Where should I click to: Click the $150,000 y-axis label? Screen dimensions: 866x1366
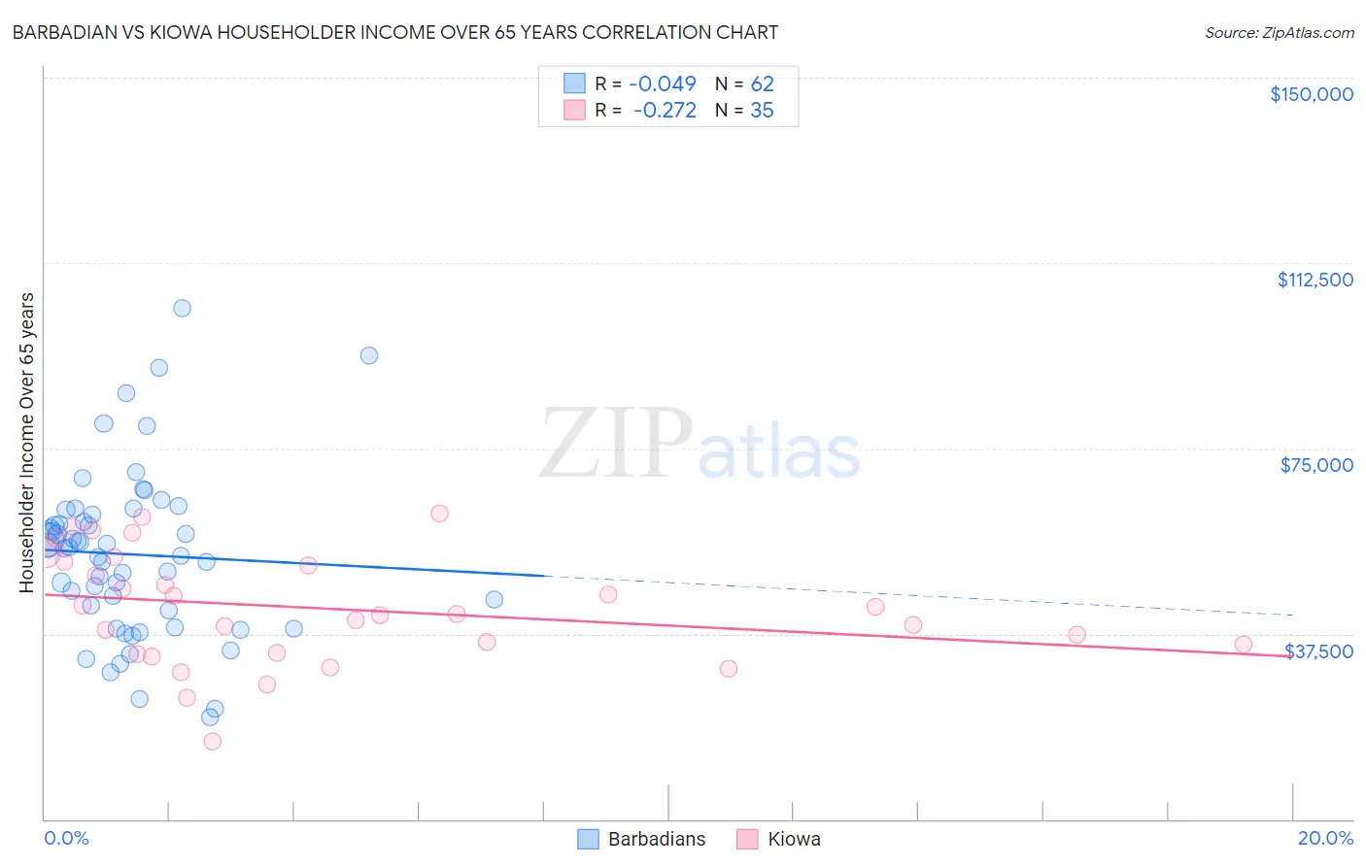[1311, 94]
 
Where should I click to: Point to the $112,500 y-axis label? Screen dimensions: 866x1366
[1315, 280]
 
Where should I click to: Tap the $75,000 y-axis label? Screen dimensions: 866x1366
[1316, 465]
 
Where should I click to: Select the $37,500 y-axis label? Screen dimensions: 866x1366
[1318, 651]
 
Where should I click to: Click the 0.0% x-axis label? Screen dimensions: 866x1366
[66, 838]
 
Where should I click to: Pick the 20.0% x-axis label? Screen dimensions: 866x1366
[1325, 838]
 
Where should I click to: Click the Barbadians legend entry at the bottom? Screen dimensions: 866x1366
[642, 839]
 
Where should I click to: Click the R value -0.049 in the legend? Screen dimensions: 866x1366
[665, 84]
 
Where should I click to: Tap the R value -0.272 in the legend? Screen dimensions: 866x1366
[665, 111]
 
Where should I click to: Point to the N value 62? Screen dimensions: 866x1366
[762, 84]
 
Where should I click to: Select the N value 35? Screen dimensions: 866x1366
[762, 111]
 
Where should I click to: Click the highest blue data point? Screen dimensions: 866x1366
[182, 308]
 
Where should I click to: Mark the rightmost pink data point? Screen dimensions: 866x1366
[1243, 644]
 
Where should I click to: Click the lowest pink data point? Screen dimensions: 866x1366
[212, 741]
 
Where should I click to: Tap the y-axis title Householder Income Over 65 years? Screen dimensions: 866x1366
[27, 442]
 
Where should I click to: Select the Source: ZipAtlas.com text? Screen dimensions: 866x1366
[1279, 33]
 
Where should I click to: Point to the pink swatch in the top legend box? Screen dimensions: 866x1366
[574, 111]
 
